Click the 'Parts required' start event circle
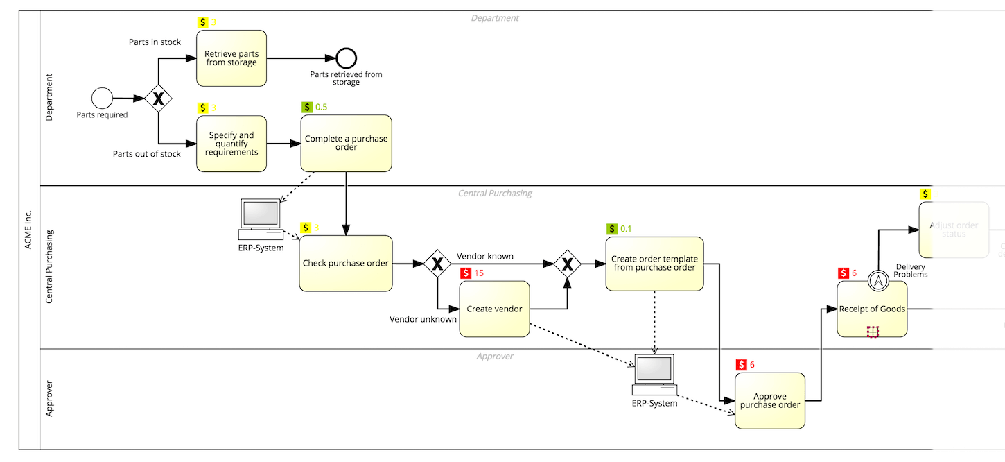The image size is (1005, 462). coord(102,99)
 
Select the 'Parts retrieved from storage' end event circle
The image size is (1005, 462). coord(346,58)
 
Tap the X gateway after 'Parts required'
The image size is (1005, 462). coord(158,99)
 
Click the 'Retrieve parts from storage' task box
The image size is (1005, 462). coord(231,58)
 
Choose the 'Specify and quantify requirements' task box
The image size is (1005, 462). coord(231,144)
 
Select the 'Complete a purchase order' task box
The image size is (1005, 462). coord(346,143)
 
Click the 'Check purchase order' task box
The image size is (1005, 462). coord(346,264)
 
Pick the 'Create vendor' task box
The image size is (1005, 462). coord(494,309)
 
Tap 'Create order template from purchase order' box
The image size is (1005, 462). coord(654,264)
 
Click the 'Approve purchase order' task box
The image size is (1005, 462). coord(770,401)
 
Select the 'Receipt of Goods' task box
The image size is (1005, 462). coord(872,309)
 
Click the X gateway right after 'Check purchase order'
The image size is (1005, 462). coord(437,264)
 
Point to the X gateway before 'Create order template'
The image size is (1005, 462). coord(567,264)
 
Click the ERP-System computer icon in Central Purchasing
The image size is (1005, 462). coord(260,216)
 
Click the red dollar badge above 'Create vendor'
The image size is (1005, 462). coord(466,273)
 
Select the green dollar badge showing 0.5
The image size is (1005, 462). coord(307,108)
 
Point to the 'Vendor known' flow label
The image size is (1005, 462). coord(485,256)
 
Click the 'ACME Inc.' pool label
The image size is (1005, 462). coord(29,230)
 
